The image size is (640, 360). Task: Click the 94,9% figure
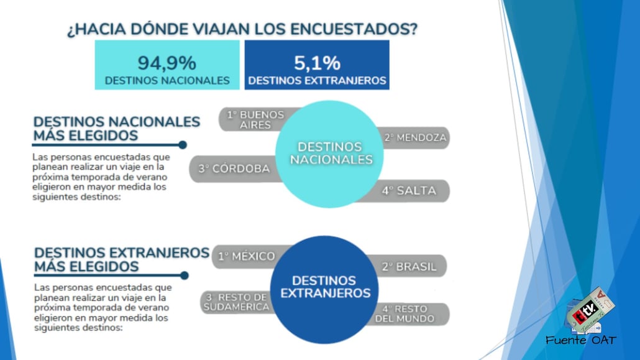pos(167,63)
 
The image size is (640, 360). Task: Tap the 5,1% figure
pos(317,63)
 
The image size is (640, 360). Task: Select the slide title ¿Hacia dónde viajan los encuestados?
pos(242,29)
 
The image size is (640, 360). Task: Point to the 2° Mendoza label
pos(415,137)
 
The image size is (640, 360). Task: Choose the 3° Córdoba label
pos(234,168)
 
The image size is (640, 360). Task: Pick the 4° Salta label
pos(409,191)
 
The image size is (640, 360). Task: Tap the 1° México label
pos(246,256)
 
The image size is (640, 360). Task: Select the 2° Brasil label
pos(409,267)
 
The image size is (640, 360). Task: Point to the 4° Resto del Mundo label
pos(405,313)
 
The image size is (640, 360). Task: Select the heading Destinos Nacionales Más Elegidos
pos(116,128)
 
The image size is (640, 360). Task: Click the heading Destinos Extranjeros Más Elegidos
pos(121,259)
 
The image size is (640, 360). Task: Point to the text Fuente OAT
pos(581,340)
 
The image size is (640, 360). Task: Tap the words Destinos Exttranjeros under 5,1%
pos(317,81)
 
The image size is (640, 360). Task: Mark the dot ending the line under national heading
pos(183,145)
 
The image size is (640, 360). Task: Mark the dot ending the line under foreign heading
pos(183,275)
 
